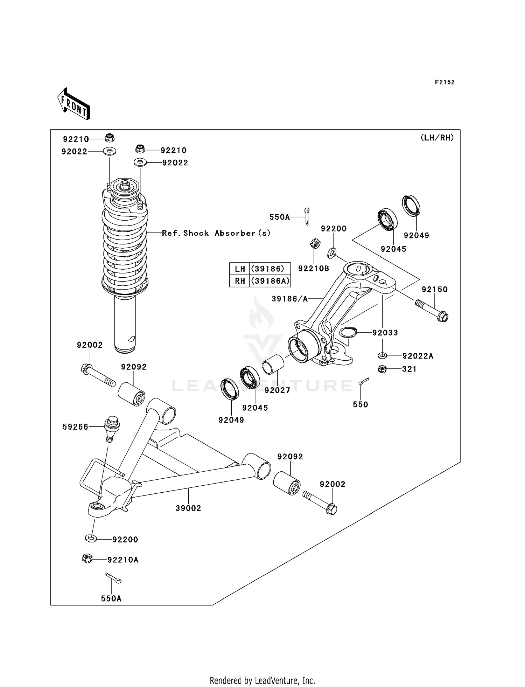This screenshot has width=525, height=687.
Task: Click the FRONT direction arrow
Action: coord(74,104)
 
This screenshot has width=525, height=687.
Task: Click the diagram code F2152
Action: coord(444,82)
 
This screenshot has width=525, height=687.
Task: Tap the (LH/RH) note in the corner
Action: coord(437,138)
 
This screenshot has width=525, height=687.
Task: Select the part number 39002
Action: coord(188,508)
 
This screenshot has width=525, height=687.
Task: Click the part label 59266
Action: coord(75,426)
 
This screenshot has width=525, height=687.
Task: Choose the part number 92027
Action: coord(277,390)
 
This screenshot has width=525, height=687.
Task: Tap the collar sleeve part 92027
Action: coord(273,365)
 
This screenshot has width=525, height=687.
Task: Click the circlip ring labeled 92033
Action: coord(348,332)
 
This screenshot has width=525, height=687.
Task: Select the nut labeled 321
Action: coord(382,369)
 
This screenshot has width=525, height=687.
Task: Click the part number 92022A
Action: coord(418,356)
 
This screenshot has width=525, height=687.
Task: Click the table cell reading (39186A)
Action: coord(270,281)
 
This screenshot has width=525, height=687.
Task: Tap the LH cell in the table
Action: coord(240,269)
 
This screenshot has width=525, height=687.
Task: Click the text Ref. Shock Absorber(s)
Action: coord(216,233)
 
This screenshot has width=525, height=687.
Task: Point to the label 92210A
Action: coord(123,560)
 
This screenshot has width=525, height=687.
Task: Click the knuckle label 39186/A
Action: coord(289,299)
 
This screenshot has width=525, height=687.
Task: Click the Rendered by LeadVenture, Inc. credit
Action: coord(262,680)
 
